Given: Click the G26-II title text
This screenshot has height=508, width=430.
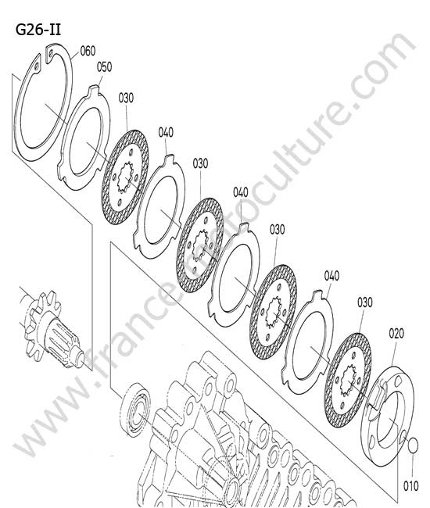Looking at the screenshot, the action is click(x=38, y=30).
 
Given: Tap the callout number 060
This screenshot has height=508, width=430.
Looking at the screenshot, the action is click(x=88, y=51).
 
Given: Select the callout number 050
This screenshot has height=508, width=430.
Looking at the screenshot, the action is click(x=104, y=66).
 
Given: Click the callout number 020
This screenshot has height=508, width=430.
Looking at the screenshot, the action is click(x=396, y=334).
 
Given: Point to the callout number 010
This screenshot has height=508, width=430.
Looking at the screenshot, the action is click(x=411, y=486).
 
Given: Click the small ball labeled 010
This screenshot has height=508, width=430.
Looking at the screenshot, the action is click(x=413, y=445).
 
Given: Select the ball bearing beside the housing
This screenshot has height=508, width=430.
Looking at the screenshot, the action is click(x=137, y=410).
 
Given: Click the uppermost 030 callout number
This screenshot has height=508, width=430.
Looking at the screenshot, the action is click(x=126, y=98).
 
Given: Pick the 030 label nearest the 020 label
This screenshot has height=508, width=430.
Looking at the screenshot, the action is click(x=365, y=302).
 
